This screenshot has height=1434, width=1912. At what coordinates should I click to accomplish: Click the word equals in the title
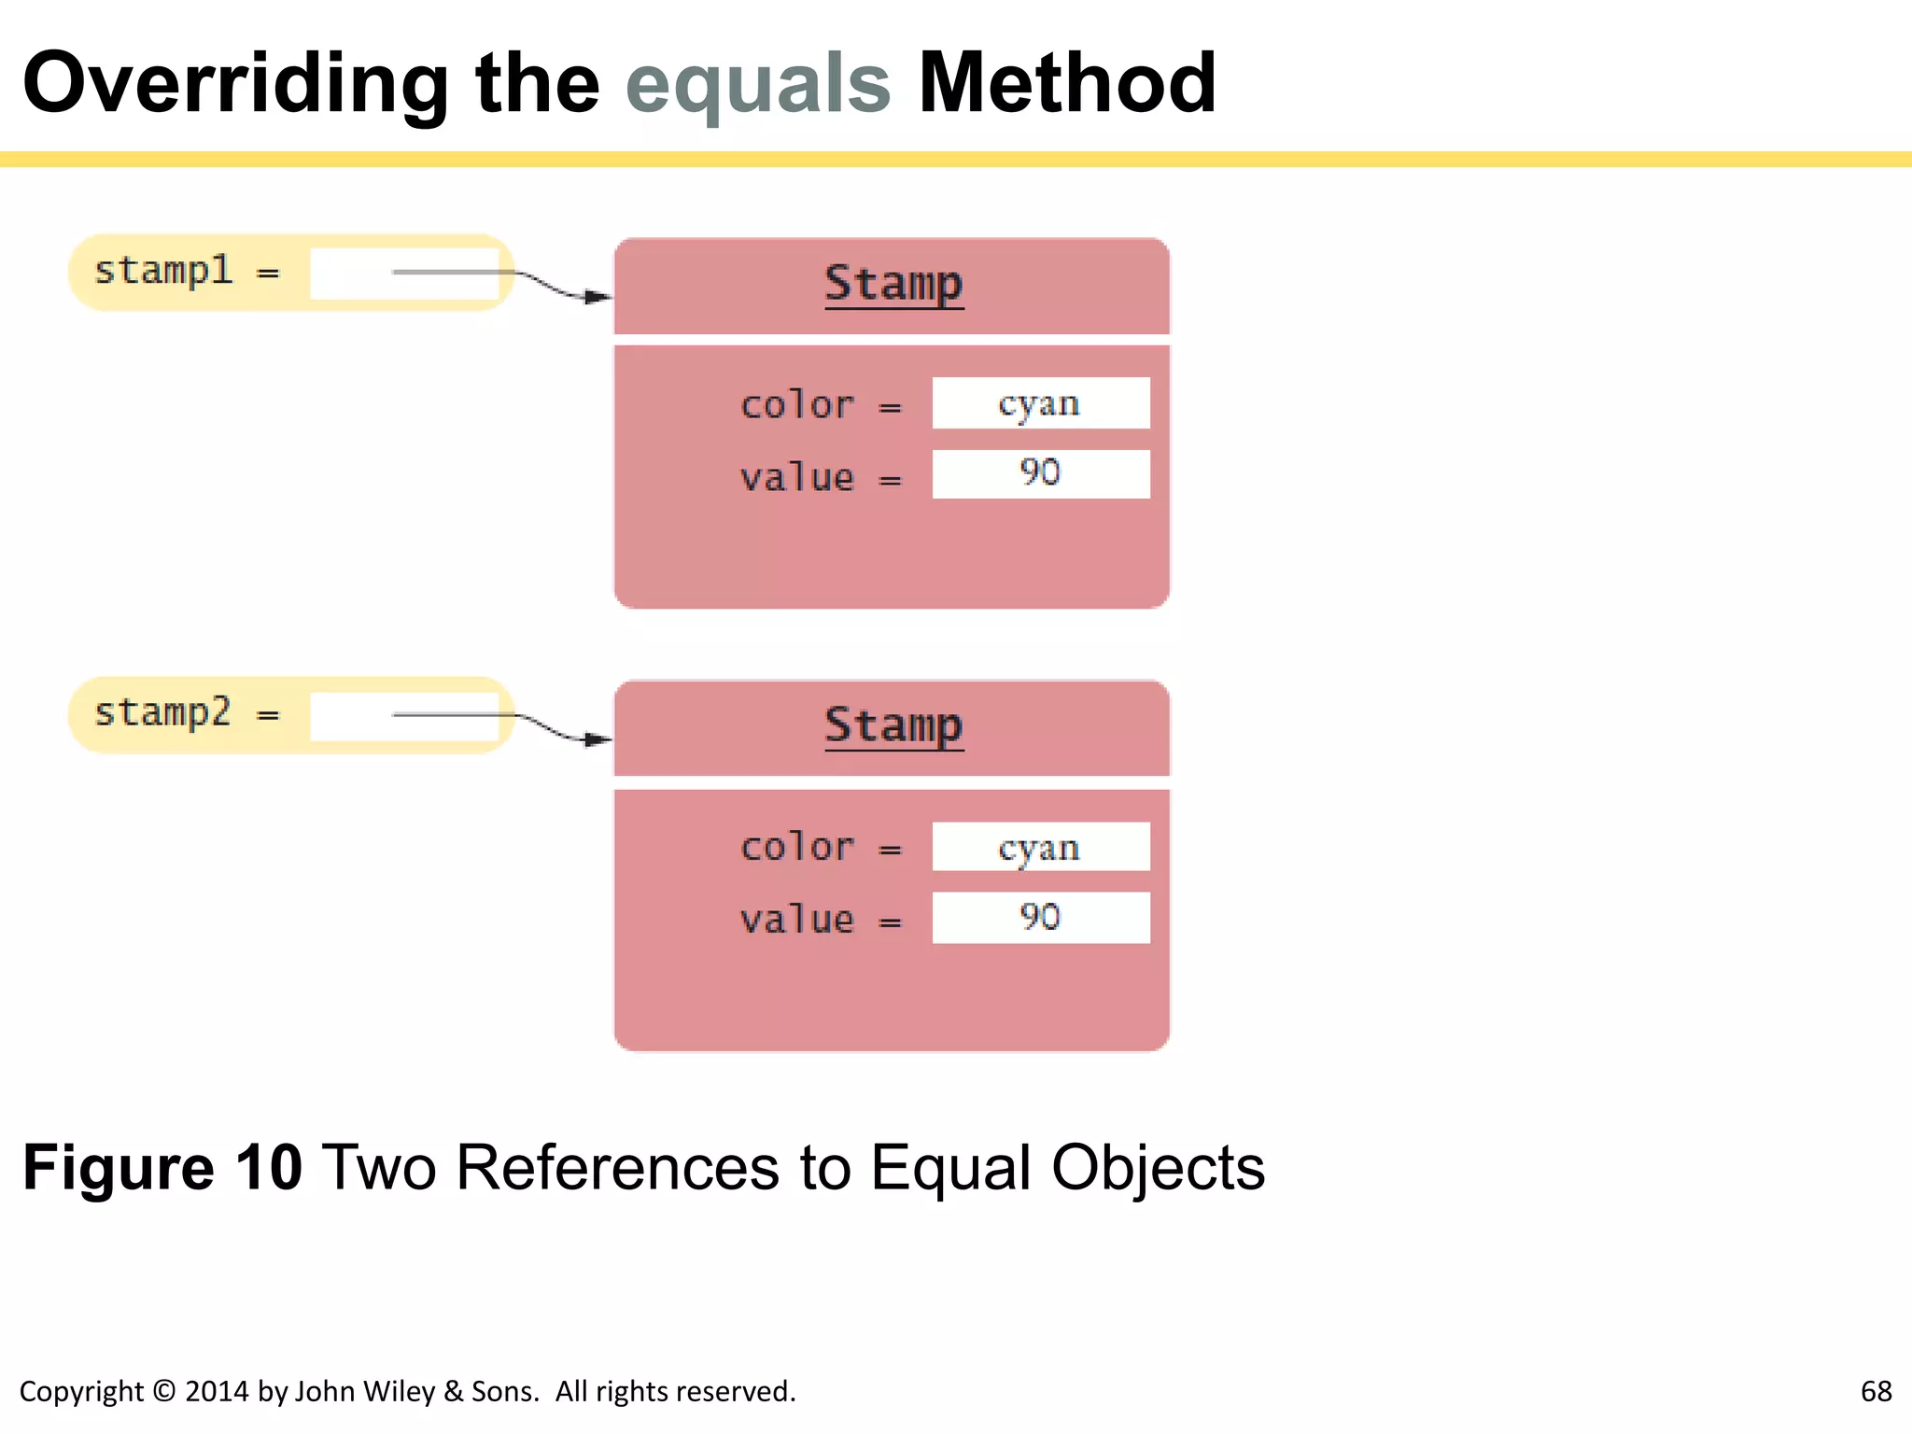[x=758, y=84]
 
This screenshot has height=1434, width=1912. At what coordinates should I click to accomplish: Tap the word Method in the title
[x=1067, y=84]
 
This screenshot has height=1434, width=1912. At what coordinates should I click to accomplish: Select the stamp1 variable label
[x=163, y=272]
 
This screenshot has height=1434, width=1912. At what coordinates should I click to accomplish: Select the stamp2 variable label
[x=163, y=713]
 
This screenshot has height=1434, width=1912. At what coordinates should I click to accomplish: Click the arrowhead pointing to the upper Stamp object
[x=599, y=297]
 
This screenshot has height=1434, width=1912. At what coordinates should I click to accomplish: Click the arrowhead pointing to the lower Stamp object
[x=599, y=739]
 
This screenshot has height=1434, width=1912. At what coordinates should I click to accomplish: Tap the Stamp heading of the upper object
[x=893, y=284]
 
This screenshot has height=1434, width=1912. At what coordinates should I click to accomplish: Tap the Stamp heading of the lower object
[x=893, y=725]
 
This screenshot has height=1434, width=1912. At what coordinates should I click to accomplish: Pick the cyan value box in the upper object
[x=1040, y=403]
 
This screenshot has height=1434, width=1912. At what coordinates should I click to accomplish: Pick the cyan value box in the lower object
[x=1040, y=847]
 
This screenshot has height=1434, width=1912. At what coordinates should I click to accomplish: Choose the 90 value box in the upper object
[x=1040, y=473]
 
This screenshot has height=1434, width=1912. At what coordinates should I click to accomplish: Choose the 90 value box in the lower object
[x=1040, y=917]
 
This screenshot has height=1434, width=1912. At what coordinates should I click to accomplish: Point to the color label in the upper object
[x=796, y=406]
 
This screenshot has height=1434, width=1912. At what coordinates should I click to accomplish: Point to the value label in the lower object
[x=796, y=921]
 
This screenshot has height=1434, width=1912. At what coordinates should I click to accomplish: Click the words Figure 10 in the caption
[x=162, y=1168]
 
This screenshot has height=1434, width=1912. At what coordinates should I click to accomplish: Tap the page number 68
[x=1876, y=1391]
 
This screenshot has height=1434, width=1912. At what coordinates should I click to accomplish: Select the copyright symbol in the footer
[x=163, y=1391]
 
